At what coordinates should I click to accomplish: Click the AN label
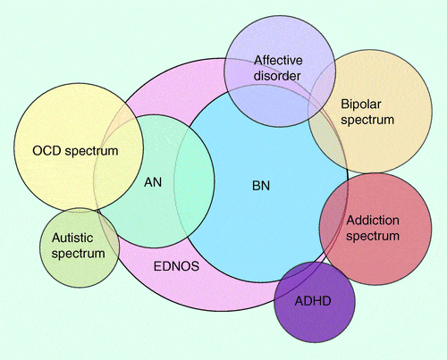click(x=153, y=182)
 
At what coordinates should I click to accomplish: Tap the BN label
click(x=261, y=186)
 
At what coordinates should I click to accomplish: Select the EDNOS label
click(x=176, y=266)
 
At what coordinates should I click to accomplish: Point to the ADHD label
click(x=313, y=301)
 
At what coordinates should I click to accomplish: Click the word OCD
click(x=46, y=151)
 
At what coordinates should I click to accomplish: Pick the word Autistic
click(x=72, y=238)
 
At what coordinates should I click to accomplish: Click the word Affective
click(x=278, y=61)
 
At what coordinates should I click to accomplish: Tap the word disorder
click(x=277, y=76)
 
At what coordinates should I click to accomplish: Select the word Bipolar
click(x=361, y=105)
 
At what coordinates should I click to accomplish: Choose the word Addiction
click(x=373, y=221)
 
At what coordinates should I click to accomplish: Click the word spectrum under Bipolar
click(x=367, y=121)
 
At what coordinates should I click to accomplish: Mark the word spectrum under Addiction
click(x=373, y=236)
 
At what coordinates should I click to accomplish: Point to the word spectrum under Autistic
click(x=78, y=254)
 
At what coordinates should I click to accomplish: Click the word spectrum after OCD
click(x=91, y=151)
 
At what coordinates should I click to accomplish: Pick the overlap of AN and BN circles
click(x=194, y=181)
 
